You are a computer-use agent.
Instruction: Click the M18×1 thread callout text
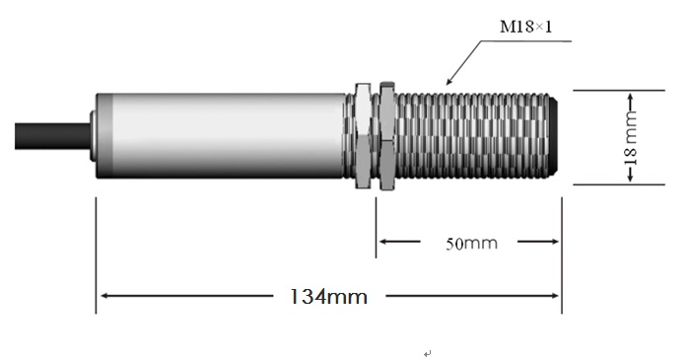pyautogui.click(x=526, y=27)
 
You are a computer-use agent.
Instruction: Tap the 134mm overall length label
pyautogui.click(x=328, y=296)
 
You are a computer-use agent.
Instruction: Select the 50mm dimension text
pyautogui.click(x=471, y=244)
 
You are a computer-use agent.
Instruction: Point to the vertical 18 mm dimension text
pyautogui.click(x=631, y=137)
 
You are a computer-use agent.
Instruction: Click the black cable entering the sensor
pyautogui.click(x=52, y=136)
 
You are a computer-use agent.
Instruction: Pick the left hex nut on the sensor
pyautogui.click(x=363, y=135)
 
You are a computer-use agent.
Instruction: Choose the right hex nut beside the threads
pyautogui.click(x=387, y=135)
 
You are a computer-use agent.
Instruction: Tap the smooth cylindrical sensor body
pyautogui.click(x=221, y=135)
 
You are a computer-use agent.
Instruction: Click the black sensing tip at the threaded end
pyautogui.click(x=553, y=135)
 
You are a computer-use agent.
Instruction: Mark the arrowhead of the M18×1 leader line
pyautogui.click(x=449, y=81)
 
